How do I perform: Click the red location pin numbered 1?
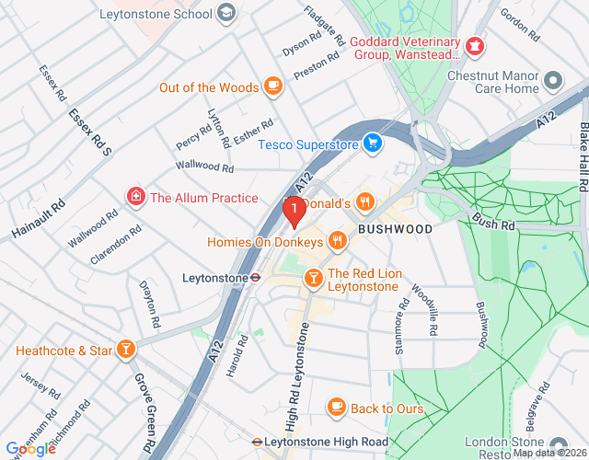[x=294, y=213]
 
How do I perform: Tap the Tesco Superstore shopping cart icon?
[x=373, y=143]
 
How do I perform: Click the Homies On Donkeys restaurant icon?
[x=338, y=241]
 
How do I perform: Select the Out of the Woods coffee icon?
[x=272, y=86]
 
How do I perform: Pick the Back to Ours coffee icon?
[x=336, y=406]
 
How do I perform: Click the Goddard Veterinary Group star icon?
[x=473, y=45]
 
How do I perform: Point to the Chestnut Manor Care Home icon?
[x=553, y=80]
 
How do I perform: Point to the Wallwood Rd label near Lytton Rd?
[x=205, y=168]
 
